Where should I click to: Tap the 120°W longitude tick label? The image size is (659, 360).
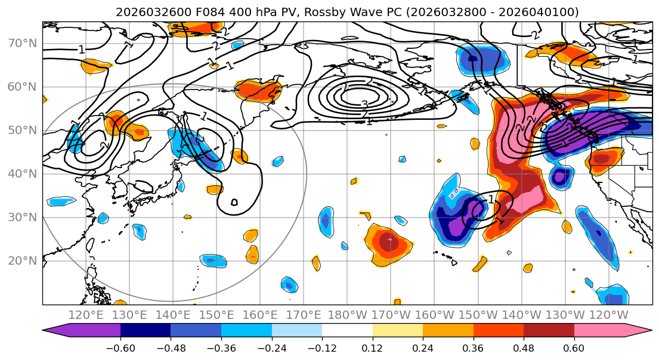coord(608,315)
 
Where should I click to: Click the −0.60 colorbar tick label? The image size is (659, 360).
coord(120,347)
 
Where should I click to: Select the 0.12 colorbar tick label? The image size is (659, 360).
coord(373,347)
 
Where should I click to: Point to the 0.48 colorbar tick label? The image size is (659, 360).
coord(524,347)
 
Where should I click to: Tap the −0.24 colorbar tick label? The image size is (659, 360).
coord(271,347)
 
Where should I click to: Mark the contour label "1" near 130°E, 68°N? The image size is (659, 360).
coord(82,50)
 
